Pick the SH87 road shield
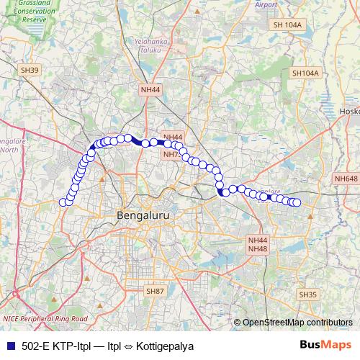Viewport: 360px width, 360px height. (x=156, y=291)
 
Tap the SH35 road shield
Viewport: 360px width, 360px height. (x=307, y=295)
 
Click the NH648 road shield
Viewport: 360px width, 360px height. (x=346, y=179)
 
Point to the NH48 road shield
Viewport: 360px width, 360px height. (x=258, y=248)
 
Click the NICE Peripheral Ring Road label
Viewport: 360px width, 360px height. (x=45, y=318)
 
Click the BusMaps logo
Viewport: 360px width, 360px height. (x=330, y=346)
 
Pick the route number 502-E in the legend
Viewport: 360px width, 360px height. (x=35, y=346)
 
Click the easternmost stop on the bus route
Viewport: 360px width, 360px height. (x=296, y=203)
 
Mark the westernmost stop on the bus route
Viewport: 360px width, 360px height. (x=63, y=202)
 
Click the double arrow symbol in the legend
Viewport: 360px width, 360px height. (x=125, y=346)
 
